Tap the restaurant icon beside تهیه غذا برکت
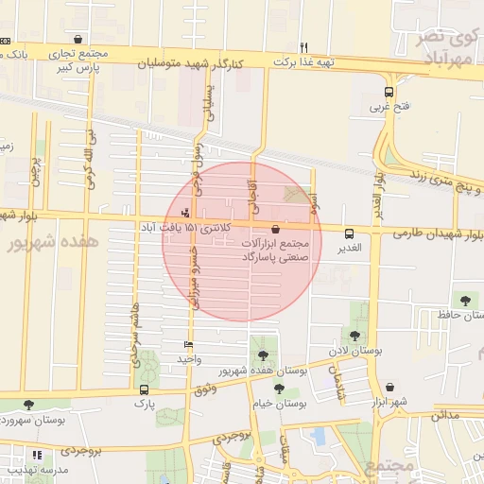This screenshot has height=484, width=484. [x=303, y=47]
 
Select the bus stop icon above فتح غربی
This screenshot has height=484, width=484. [x=389, y=93]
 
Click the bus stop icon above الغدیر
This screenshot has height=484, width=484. [x=349, y=233]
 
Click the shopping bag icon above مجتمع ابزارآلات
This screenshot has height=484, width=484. [x=275, y=229]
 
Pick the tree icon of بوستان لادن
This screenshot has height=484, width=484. [x=354, y=336]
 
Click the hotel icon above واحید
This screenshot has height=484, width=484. [x=189, y=345]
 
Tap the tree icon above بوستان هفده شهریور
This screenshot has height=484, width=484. [x=262, y=356]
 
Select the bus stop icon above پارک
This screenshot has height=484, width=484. [x=144, y=389]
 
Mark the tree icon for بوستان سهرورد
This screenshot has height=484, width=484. [x=27, y=405]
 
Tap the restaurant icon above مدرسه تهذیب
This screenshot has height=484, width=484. [x=36, y=455]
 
